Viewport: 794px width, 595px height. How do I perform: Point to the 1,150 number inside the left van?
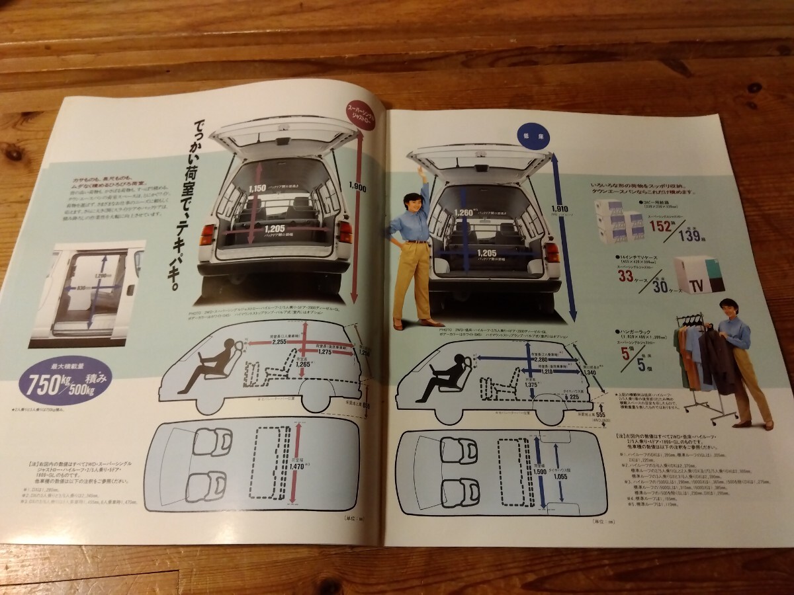[257, 188]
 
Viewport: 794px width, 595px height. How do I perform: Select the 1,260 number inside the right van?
[465, 213]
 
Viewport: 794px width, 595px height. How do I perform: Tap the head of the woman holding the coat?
[730, 308]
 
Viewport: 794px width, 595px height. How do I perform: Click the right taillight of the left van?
[345, 232]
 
